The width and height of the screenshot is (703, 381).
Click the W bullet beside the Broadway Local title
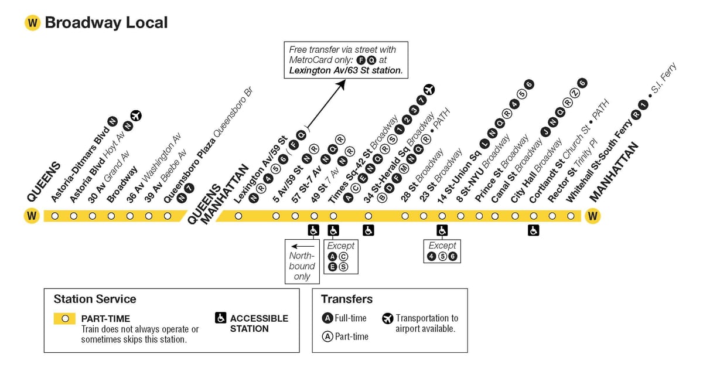coord(32,23)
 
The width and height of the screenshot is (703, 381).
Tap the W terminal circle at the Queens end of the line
coord(32,216)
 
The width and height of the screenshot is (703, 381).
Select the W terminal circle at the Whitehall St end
coord(592,216)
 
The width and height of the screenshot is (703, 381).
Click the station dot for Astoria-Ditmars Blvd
coord(55,216)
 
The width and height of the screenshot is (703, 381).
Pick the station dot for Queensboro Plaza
coord(168,216)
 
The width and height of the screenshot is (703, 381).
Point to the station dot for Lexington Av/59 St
coord(238,216)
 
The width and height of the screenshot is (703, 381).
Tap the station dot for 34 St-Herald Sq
coord(368,216)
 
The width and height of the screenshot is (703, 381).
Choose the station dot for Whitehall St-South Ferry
coord(571,216)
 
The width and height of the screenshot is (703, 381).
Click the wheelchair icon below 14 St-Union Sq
coord(442,230)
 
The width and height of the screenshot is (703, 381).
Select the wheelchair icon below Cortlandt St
coord(534,230)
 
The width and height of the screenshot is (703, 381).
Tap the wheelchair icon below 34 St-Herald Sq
coord(368,230)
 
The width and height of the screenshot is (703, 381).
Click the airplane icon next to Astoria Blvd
coord(136,115)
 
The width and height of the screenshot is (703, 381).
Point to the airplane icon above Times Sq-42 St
coord(429,90)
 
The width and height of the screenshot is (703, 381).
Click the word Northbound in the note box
coord(302,261)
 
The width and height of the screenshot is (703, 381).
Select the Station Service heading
coord(95,299)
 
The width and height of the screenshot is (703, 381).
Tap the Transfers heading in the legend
coord(347,299)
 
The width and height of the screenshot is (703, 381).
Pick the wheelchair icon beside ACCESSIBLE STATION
coord(221,318)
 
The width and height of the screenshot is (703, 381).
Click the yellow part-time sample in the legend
coord(64,318)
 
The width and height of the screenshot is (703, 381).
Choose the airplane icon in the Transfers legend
coord(388,318)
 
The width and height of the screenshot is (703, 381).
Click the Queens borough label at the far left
coord(43,182)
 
